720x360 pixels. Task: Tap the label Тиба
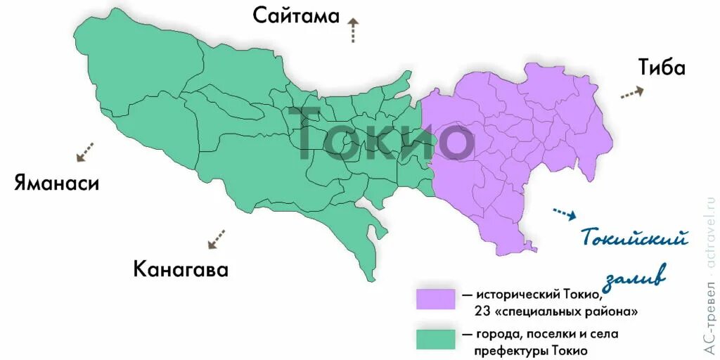[662, 67]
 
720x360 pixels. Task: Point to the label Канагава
[181, 269]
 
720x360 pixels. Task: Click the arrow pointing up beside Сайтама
[352, 31]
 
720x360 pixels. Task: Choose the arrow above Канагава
[217, 238]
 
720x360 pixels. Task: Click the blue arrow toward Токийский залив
[565, 213]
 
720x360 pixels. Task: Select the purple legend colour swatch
[435, 298]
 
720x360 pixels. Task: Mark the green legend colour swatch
[435, 338]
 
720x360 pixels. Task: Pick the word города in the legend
[499, 333]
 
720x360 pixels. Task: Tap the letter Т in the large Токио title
[312, 134]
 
